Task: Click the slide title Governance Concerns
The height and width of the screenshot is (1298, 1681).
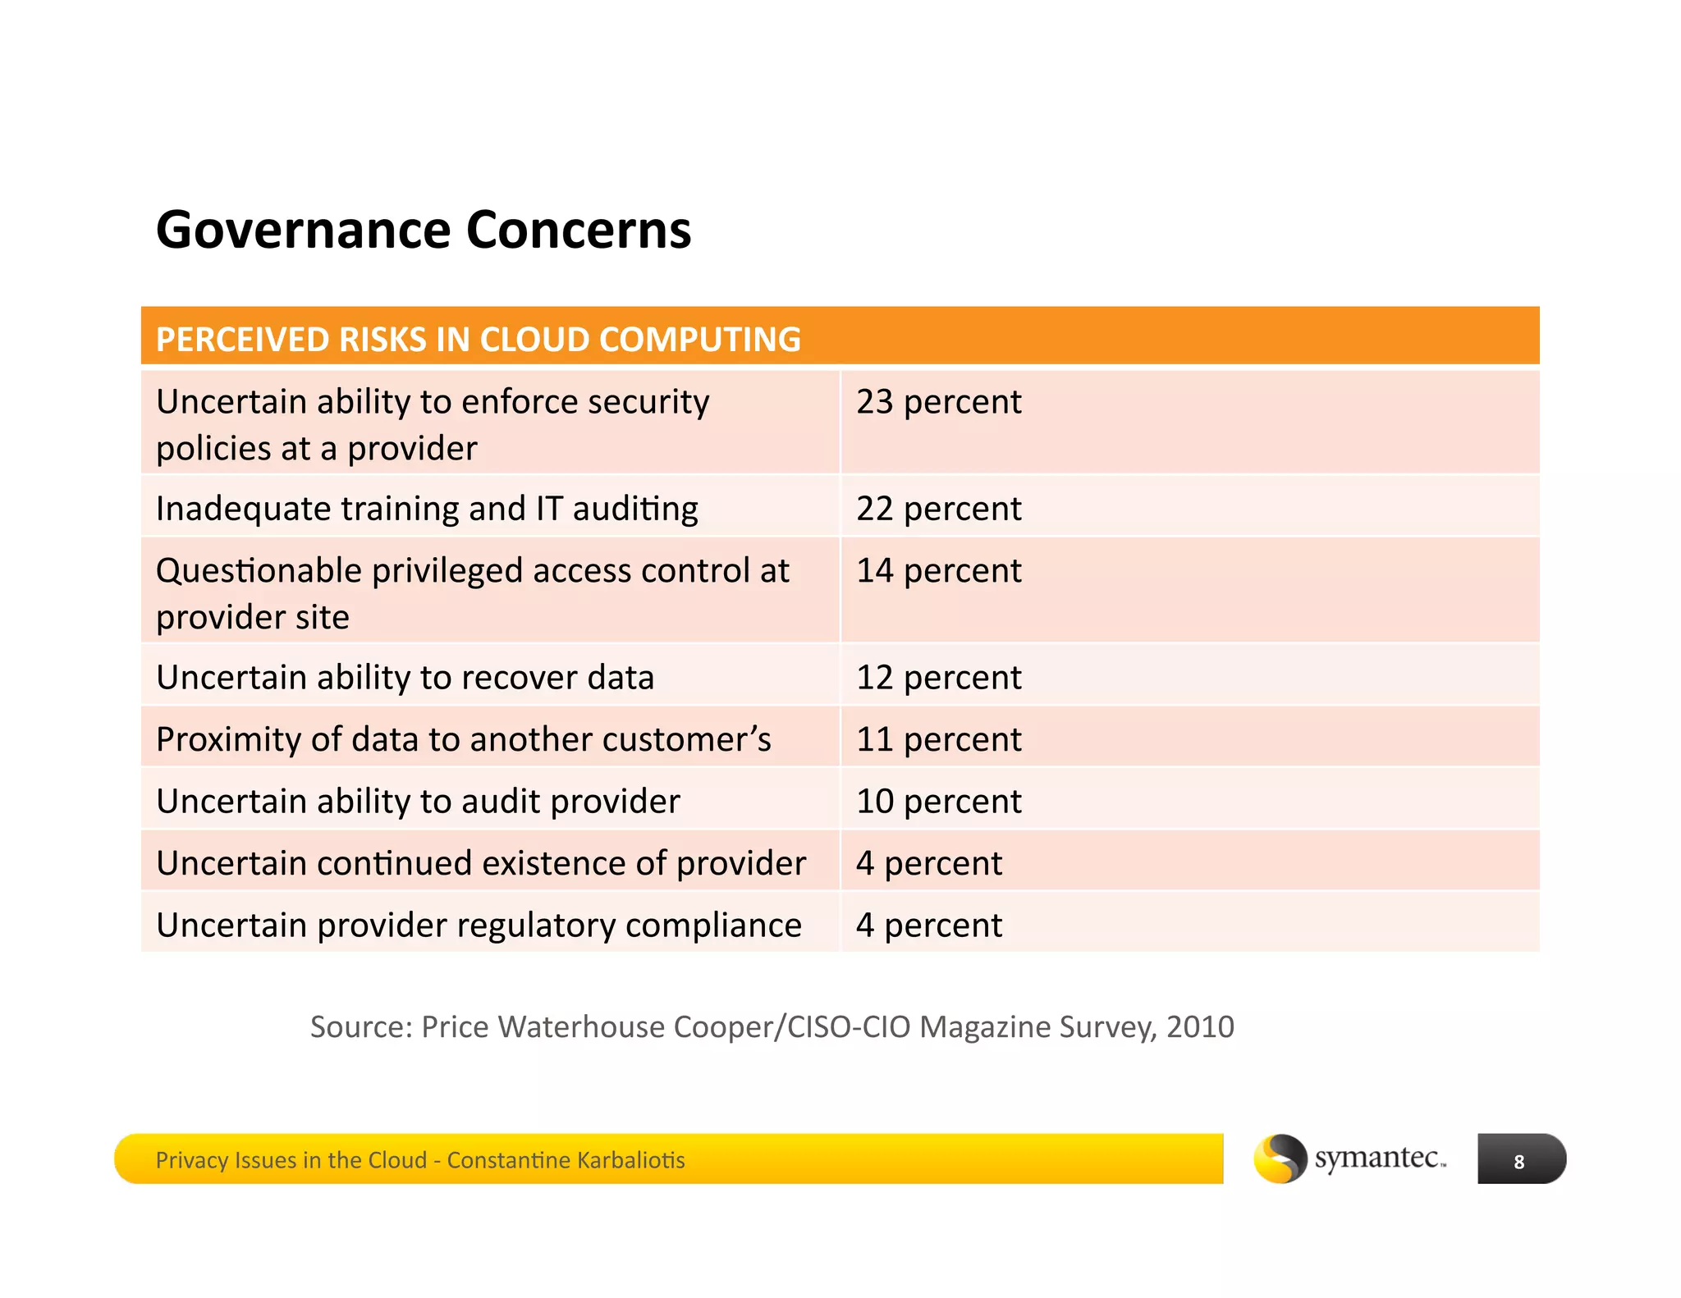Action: coord(423,230)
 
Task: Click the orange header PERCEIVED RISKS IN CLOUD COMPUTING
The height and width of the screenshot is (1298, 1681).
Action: coord(478,340)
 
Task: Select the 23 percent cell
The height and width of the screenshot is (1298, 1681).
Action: coord(938,402)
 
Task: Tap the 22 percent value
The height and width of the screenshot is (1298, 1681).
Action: coord(938,509)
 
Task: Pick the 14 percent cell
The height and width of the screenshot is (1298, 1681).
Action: coord(938,571)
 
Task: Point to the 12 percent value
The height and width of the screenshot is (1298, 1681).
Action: coord(938,678)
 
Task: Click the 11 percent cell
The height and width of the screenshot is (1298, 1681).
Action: coord(938,739)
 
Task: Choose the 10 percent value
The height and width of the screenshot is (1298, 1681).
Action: coord(938,802)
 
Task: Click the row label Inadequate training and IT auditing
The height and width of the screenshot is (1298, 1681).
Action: coord(427,509)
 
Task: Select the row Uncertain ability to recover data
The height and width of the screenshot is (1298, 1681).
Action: coord(405,678)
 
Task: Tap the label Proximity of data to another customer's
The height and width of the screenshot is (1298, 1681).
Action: coord(463,739)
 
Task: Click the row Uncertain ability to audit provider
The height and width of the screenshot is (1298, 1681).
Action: coord(418,802)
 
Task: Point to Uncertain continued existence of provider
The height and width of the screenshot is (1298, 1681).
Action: coord(480,863)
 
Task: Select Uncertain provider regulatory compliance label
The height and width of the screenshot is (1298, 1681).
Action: coord(478,926)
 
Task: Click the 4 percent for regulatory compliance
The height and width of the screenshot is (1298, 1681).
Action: coord(928,926)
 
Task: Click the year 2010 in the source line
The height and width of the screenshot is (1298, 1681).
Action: coord(1200,1027)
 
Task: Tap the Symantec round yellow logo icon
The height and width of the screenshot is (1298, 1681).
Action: coord(1279,1159)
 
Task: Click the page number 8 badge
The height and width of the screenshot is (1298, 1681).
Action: coord(1520,1160)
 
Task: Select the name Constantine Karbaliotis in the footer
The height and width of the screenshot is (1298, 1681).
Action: coord(566,1160)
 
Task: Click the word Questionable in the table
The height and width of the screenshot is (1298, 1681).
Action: coord(259,571)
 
